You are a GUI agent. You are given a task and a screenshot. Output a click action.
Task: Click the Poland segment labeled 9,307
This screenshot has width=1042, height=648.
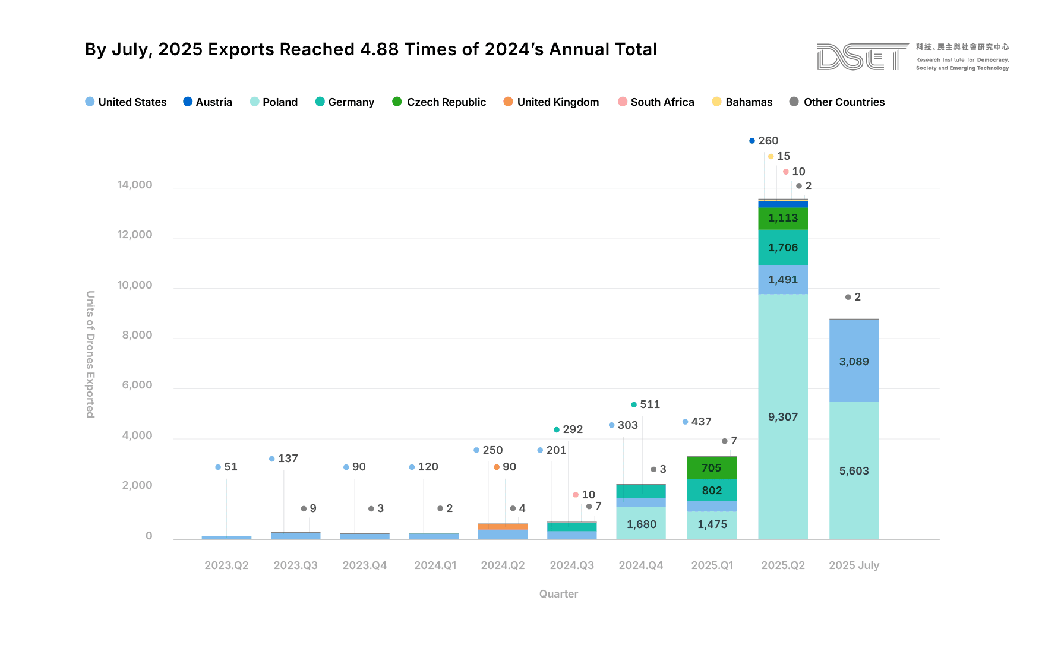pos(782,416)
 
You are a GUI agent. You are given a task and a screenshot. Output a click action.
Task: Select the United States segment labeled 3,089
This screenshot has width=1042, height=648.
pos(854,361)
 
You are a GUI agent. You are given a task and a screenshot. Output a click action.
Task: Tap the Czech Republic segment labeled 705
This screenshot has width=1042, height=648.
pos(712,467)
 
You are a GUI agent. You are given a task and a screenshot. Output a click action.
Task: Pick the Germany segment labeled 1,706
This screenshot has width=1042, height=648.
pos(782,247)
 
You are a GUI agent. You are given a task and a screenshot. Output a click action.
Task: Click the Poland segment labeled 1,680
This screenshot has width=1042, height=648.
pos(641,524)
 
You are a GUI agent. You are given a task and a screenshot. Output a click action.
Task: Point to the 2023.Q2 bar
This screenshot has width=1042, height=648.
pos(226,538)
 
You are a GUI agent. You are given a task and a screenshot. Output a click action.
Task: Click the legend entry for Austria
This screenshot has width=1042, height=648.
pos(207,102)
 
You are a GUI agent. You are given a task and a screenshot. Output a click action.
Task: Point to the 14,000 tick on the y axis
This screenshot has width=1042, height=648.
pos(135,185)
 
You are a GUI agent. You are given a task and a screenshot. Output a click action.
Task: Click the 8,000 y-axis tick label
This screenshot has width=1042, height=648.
pos(137,335)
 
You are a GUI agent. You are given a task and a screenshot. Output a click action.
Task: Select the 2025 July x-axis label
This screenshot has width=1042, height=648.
pos(854,565)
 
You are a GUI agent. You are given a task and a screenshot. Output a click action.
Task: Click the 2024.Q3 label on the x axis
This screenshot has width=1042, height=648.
pos(571,565)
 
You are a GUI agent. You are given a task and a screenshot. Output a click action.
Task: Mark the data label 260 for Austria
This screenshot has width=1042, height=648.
pos(768,141)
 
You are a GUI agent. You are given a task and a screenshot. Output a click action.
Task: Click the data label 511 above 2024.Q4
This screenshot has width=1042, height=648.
pos(649,404)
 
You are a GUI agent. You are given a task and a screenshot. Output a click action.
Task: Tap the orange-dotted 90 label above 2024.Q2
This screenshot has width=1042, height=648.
pos(509,467)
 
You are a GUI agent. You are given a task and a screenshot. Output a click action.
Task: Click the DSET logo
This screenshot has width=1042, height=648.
pos(861,57)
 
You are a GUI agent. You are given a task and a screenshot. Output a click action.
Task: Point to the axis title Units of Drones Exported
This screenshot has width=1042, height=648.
pos(90,354)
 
